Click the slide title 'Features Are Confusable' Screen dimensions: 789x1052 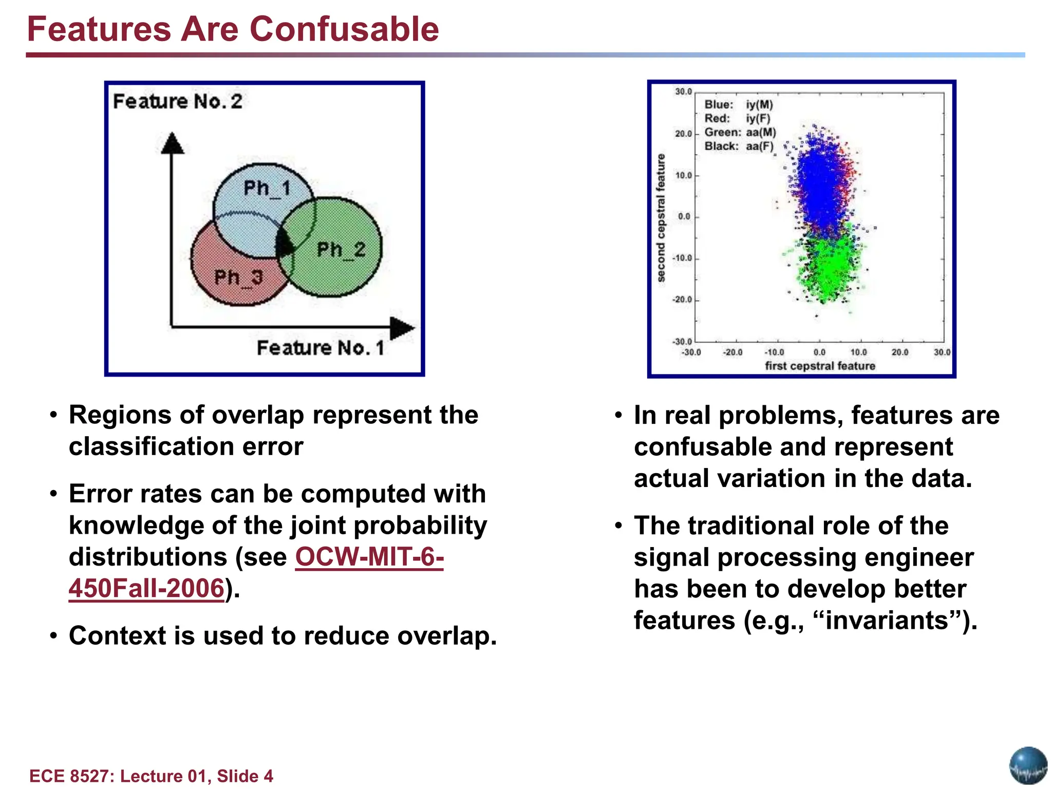click(x=233, y=29)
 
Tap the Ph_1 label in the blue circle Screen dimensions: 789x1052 click(x=267, y=189)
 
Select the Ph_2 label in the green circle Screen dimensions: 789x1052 click(x=341, y=250)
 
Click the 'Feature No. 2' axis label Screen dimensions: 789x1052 click(x=177, y=102)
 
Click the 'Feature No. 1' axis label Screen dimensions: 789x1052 click(x=321, y=348)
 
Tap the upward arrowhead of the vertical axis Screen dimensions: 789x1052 click(x=172, y=143)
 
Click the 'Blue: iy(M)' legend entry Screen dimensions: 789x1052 click(x=738, y=105)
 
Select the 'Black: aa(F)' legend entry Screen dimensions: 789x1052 click(x=738, y=146)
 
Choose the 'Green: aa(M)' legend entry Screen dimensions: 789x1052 click(x=740, y=133)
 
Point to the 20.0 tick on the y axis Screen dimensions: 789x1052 click(x=684, y=134)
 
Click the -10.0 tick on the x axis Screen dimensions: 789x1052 click(x=774, y=352)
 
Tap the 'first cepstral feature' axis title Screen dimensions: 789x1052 click(x=820, y=366)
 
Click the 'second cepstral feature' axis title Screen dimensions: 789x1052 click(x=661, y=218)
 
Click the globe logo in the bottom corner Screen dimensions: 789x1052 click(x=1028, y=766)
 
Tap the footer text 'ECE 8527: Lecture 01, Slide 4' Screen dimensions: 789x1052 click(x=151, y=776)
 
